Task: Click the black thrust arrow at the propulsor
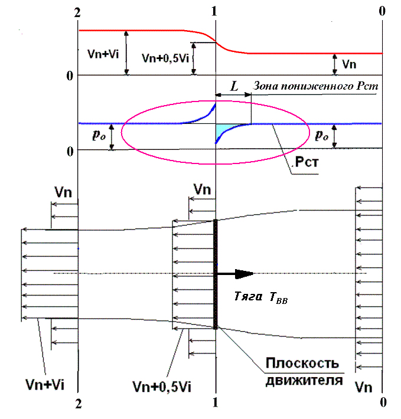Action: point(236,273)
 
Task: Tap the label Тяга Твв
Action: point(261,299)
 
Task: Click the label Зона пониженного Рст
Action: point(315,86)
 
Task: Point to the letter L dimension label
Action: point(234,86)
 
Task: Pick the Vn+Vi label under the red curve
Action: point(102,53)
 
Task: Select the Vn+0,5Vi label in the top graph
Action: point(167,59)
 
